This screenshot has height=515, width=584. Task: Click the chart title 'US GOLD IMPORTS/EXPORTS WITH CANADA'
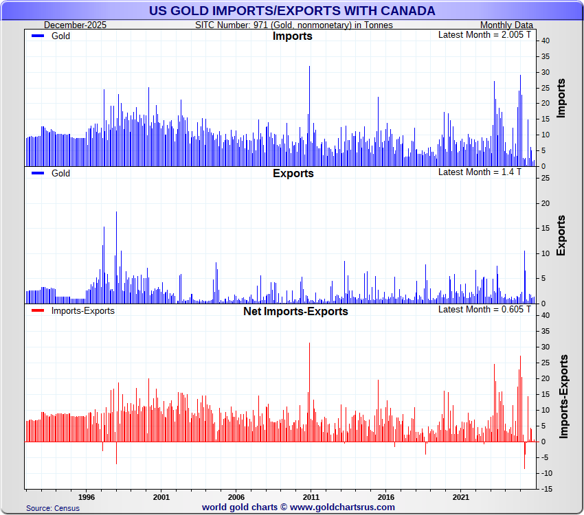(x=292, y=10)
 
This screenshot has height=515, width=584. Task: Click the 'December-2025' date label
(x=71, y=25)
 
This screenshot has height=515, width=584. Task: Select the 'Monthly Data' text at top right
(x=505, y=25)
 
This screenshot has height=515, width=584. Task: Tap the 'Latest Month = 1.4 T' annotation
(x=480, y=172)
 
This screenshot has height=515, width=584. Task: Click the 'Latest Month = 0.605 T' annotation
(x=485, y=309)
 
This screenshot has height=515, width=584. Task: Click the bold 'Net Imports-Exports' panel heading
(x=295, y=311)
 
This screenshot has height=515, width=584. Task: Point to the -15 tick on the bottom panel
(x=544, y=489)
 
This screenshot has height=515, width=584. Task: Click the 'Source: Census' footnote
(x=53, y=508)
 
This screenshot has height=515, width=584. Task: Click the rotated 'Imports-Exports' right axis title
(x=563, y=396)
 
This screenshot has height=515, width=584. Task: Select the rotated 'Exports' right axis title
(x=561, y=236)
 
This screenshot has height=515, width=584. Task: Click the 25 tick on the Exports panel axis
(x=544, y=178)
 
